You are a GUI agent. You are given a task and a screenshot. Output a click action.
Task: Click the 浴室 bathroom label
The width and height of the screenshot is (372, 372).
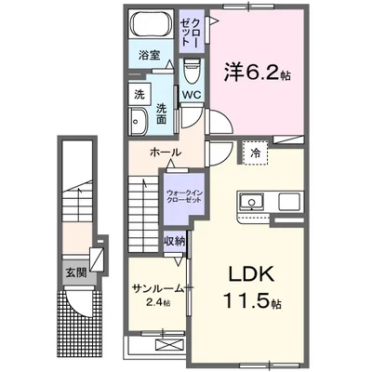click(x=149, y=55)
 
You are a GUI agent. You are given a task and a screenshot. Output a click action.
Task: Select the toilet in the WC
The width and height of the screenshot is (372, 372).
click(x=193, y=71)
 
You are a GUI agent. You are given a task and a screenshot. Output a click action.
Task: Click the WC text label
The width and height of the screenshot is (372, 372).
click(x=192, y=95)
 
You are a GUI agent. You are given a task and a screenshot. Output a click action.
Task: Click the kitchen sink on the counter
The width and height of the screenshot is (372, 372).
click(x=252, y=202)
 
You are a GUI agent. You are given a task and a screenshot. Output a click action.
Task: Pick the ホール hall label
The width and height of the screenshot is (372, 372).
click(x=165, y=152)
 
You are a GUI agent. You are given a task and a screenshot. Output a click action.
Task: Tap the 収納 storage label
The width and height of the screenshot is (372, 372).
click(x=175, y=241)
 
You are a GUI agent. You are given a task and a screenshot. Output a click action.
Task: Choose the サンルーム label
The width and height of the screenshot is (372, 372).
click(x=153, y=286)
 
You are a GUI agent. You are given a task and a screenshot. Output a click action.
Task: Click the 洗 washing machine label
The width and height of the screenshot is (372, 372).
click(x=139, y=95)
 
